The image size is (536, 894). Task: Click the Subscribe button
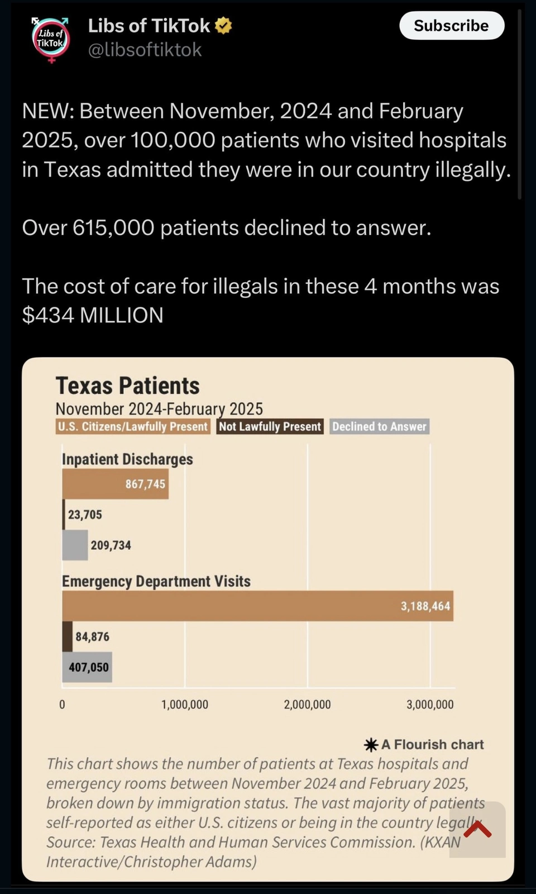pos(451,26)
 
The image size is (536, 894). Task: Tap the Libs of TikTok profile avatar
pos(51,40)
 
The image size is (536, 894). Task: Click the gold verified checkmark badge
pos(223,26)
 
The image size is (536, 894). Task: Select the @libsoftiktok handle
pos(145,50)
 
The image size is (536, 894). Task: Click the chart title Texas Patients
pos(127,386)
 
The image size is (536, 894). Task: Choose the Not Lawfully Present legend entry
pos(270,427)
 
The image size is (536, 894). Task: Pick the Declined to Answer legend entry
pos(379,427)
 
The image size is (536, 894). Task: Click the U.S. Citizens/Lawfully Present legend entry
pos(133,427)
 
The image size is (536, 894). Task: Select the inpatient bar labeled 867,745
pos(115,484)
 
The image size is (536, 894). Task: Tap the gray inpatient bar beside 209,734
pos(75,545)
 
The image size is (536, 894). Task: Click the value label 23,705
pos(85,515)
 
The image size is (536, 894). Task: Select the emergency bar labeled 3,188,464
pos(257,606)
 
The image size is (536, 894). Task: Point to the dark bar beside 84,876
pos(67,636)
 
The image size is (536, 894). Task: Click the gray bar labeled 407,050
pos(87,667)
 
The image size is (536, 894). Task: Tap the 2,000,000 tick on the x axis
pos(307,705)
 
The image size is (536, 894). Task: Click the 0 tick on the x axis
pos(62,705)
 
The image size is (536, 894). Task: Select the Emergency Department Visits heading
pos(156,581)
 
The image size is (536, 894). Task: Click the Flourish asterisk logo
pos(371,745)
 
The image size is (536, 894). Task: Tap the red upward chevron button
pos(477,829)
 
